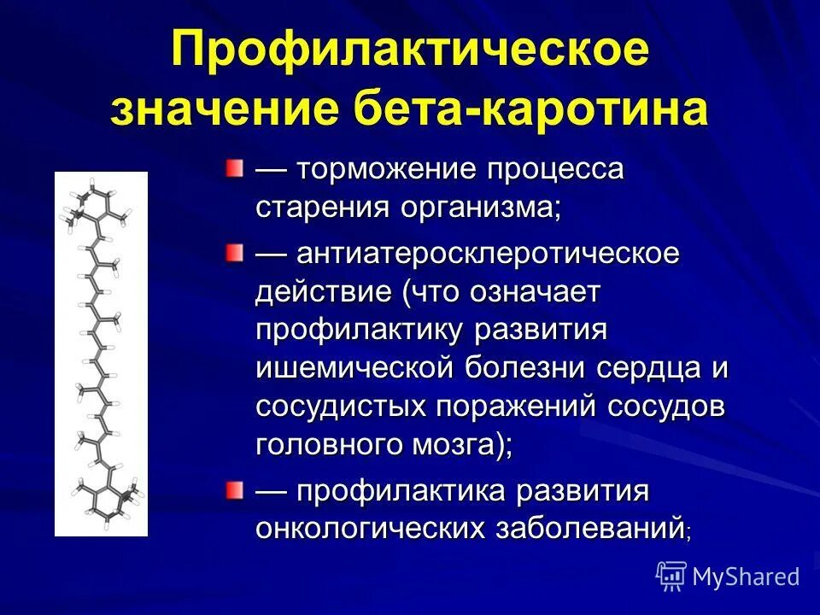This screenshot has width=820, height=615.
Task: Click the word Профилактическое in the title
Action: (x=410, y=53)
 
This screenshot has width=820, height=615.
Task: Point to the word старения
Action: (x=318, y=208)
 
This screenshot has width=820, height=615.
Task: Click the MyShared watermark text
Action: (x=746, y=577)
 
